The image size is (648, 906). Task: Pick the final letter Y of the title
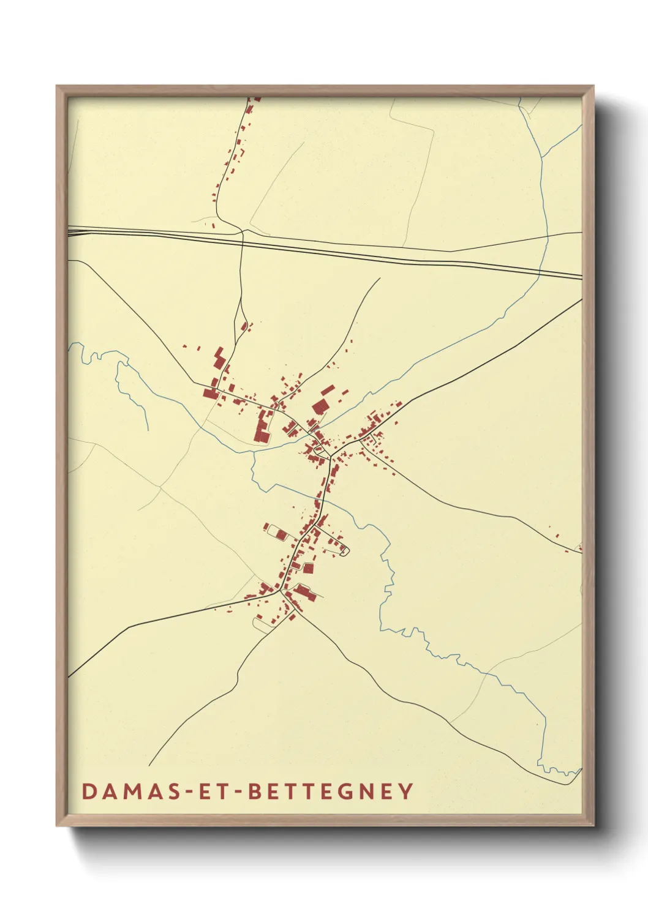point(406,791)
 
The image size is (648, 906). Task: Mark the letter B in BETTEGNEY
point(257,791)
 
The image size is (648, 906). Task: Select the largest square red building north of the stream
point(319,406)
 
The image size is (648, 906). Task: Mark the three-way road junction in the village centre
point(331,456)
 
